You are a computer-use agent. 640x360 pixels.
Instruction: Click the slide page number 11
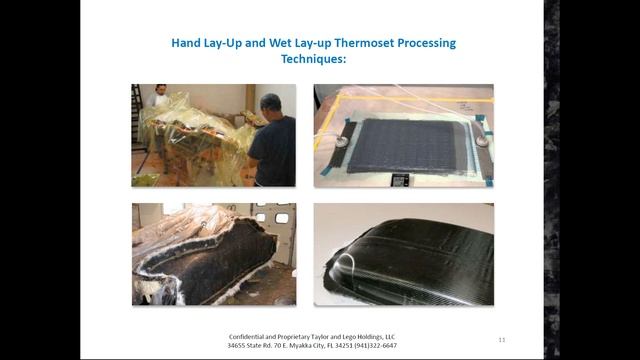[x=501, y=340]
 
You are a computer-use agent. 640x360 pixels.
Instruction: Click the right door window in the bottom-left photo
[x=282, y=219]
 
